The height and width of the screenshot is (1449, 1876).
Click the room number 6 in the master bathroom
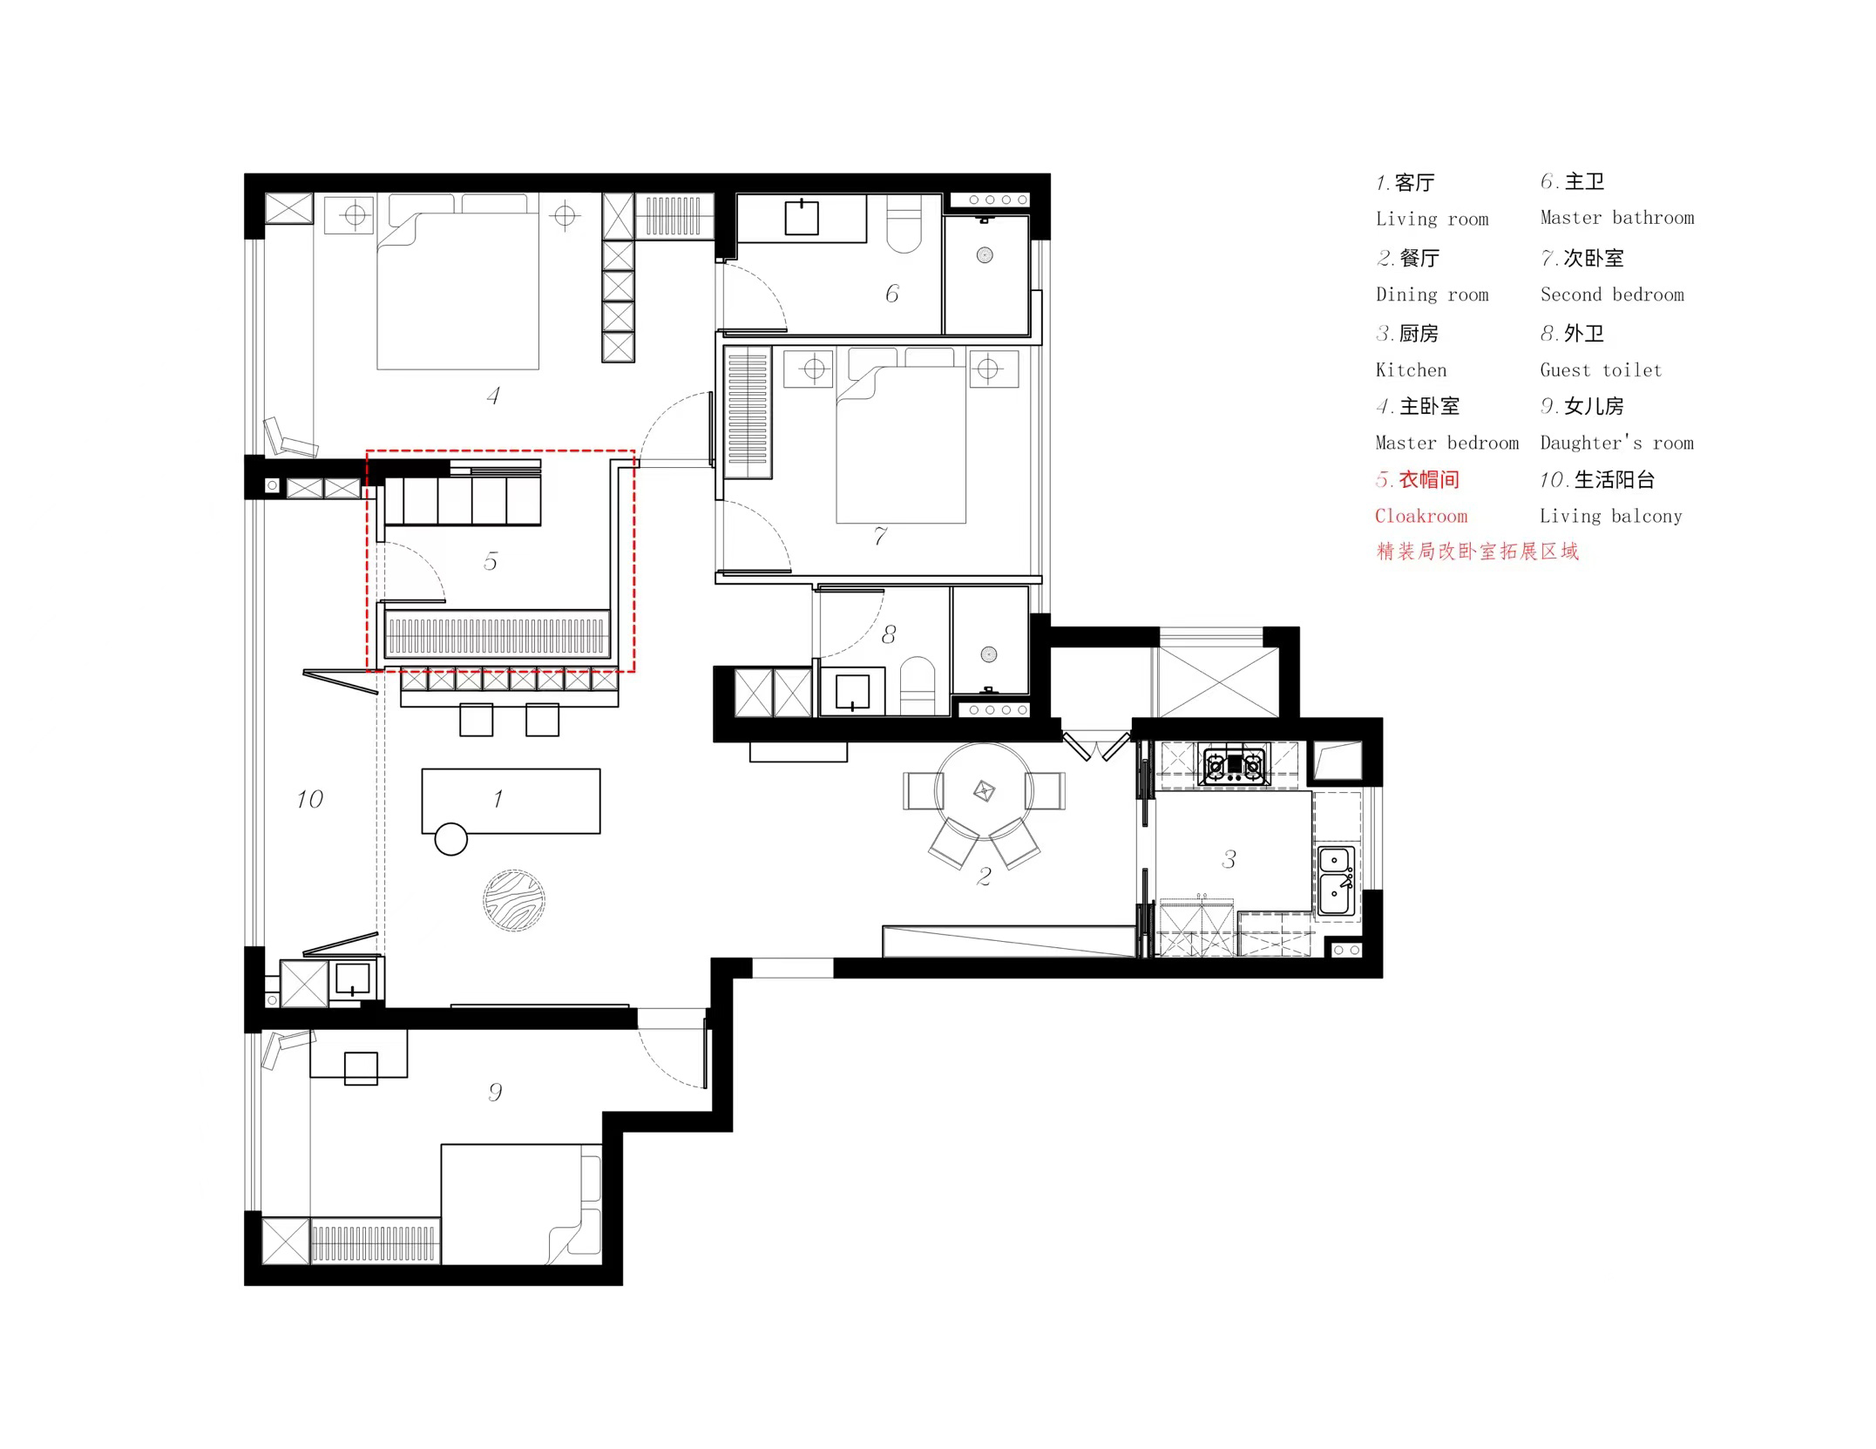pos(892,294)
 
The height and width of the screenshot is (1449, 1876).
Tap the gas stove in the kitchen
pos(1234,766)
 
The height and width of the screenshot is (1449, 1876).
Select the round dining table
pos(984,791)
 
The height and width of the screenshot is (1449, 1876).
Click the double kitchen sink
pos(1336,881)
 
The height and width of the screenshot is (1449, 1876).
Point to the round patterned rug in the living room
pos(514,900)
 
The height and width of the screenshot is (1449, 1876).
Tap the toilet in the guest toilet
pos(916,686)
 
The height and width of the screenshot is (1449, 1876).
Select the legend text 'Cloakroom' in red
pos(1421,516)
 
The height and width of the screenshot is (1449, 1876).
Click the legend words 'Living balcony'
pos(1611,516)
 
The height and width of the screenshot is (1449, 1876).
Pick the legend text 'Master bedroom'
pos(1446,443)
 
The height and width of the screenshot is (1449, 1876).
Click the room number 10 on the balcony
pos(309,799)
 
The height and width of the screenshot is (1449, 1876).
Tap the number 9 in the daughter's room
pos(495,1092)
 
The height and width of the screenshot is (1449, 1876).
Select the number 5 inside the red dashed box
pos(491,561)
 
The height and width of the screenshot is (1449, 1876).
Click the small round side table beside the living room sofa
pos(450,839)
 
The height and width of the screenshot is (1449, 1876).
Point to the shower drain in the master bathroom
pos(985,255)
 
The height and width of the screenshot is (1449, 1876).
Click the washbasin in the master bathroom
pos(802,218)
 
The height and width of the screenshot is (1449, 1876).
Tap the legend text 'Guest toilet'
pos(1601,369)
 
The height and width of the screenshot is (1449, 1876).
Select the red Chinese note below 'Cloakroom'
pos(1477,552)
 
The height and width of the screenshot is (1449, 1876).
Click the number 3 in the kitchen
pos(1229,860)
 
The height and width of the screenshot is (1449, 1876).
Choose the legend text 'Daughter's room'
pos(1617,443)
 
